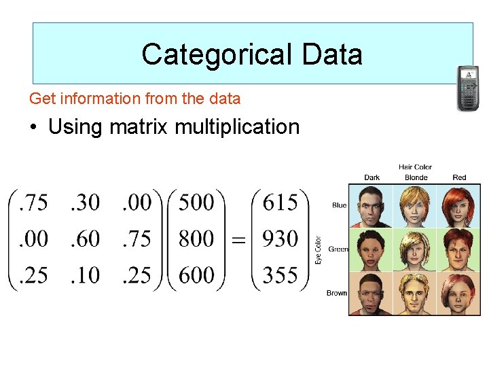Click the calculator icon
[x=467, y=88]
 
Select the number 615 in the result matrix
[x=280, y=203]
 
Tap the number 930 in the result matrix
[x=280, y=239]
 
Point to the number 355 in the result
[x=280, y=275]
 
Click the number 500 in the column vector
[x=197, y=203]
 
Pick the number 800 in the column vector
[x=197, y=239]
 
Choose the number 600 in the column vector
[x=197, y=275]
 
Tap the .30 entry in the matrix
[x=85, y=203]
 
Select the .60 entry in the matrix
[x=85, y=239]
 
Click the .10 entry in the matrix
[x=85, y=275]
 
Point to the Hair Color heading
[x=415, y=167]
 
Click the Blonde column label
[x=416, y=177]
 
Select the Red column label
[x=459, y=177]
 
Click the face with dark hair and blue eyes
[x=372, y=205]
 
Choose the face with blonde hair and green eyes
[x=416, y=249]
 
